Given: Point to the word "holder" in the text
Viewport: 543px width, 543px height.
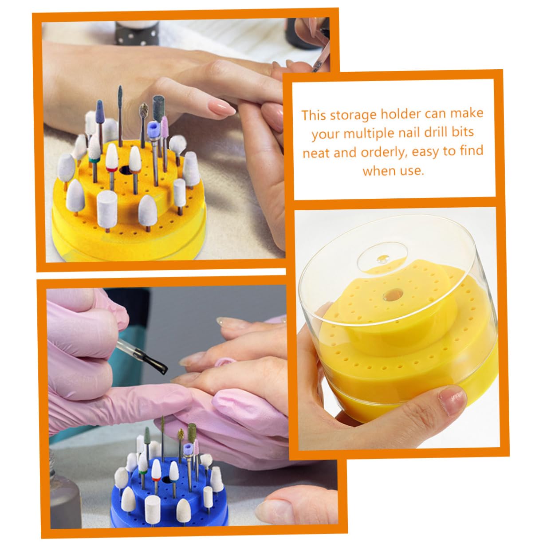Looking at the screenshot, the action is click(401, 114).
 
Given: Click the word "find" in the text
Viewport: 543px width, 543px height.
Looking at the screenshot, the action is click(472, 150).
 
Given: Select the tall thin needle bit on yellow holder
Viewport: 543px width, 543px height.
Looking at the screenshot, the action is click(120, 115).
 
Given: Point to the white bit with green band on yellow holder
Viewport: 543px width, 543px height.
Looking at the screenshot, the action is click(94, 153).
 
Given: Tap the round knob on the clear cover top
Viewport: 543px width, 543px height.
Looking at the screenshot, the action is click(383, 259).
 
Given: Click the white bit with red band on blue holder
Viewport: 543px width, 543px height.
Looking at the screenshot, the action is click(156, 470).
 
